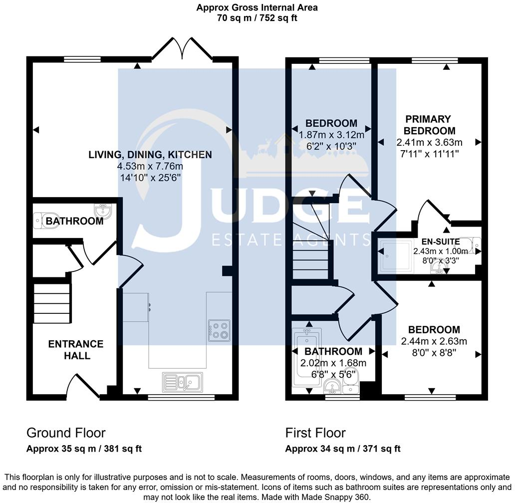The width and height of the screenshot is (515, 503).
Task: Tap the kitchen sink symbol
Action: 182,382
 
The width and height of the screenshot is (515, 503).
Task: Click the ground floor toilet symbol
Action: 40,220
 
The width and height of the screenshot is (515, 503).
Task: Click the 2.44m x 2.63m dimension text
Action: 434,342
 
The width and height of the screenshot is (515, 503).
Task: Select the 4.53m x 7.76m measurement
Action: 150,166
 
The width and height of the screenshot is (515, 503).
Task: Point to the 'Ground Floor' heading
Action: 66,433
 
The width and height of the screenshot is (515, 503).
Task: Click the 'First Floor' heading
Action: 315,433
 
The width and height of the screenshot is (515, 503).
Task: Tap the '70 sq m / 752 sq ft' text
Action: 257,18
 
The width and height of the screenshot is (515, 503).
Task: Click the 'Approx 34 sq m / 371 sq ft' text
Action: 343,449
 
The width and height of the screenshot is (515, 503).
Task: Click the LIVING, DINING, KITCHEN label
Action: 150,155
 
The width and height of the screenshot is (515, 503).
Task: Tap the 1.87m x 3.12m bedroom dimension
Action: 331,135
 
